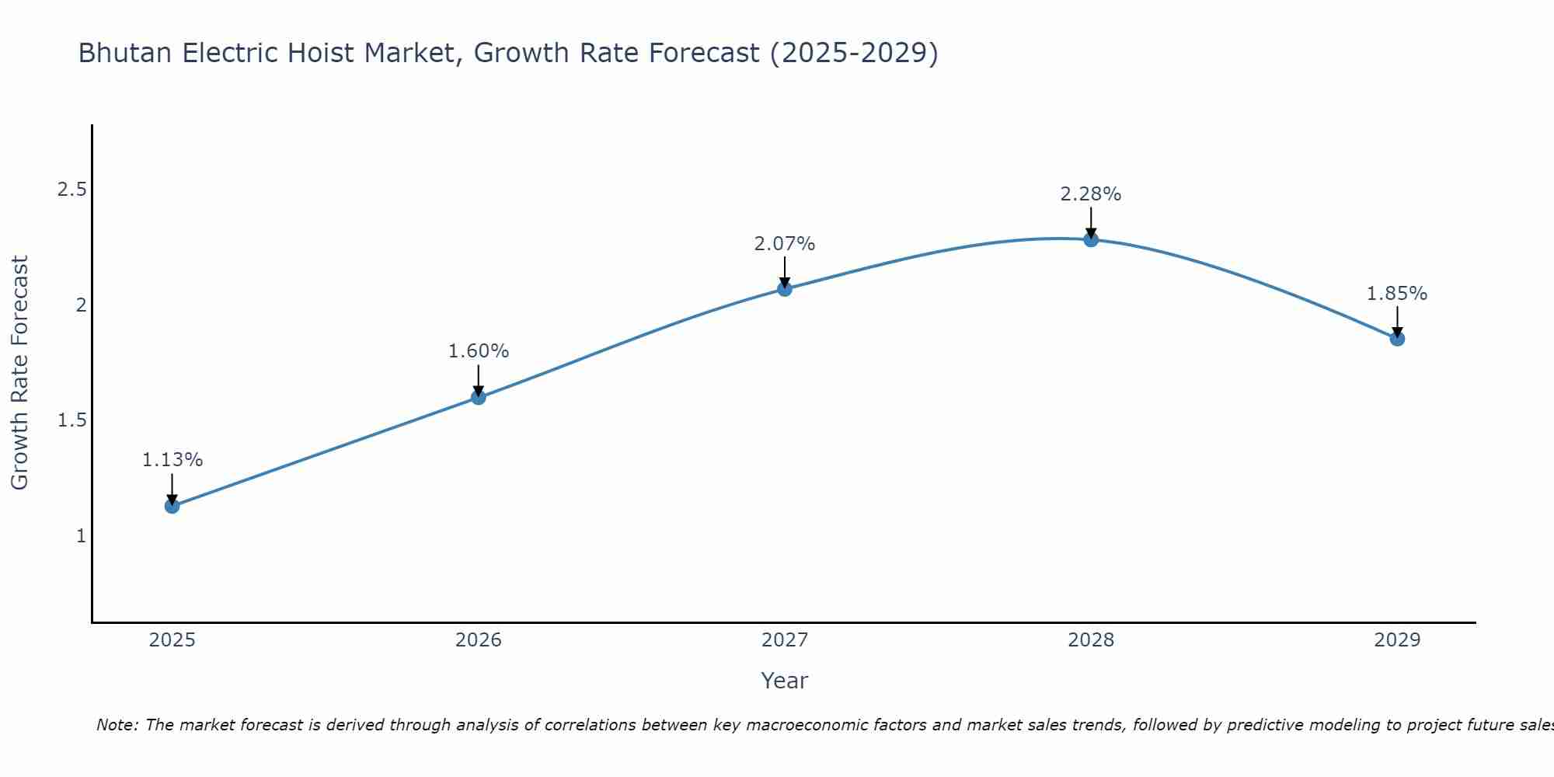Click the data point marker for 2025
pyautogui.click(x=172, y=506)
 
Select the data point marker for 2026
pyautogui.click(x=478, y=397)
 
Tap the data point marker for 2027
pyautogui.click(x=784, y=289)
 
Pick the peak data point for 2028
pyautogui.click(x=1090, y=239)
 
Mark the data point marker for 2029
pyautogui.click(x=1396, y=339)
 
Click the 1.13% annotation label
pyautogui.click(x=172, y=460)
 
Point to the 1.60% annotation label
pyautogui.click(x=478, y=351)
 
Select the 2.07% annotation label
pyautogui.click(x=784, y=244)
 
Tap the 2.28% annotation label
pyautogui.click(x=1090, y=194)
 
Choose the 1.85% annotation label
pyautogui.click(x=1396, y=294)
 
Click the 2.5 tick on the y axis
pyautogui.click(x=71, y=190)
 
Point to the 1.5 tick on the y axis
pyautogui.click(x=71, y=420)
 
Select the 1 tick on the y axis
pyautogui.click(x=81, y=536)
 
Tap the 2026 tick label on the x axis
pyautogui.click(x=478, y=640)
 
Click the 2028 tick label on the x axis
pyautogui.click(x=1090, y=640)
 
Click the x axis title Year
pyautogui.click(x=784, y=681)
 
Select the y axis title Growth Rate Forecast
pyautogui.click(x=19, y=373)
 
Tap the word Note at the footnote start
pyautogui.click(x=116, y=725)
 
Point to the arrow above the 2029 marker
pyautogui.click(x=1396, y=321)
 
